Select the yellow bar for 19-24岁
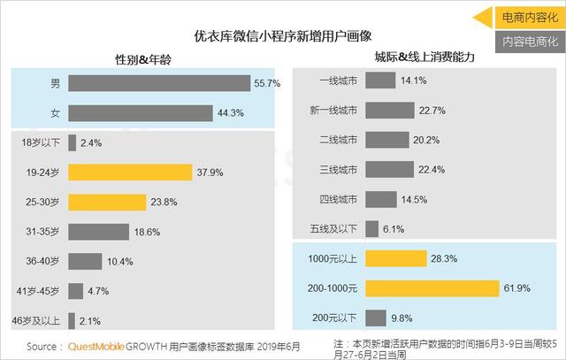130,172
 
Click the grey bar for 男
159,83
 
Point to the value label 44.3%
229,112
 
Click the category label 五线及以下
331,228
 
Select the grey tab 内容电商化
525,40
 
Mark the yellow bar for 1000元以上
394,258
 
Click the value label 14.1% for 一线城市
414,80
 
